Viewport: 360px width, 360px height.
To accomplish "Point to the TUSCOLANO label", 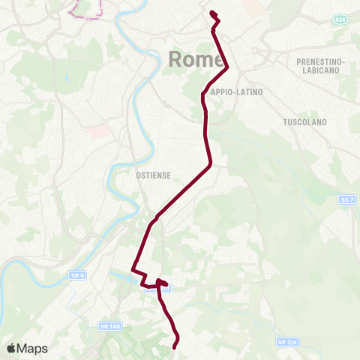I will pyautogui.click(x=302, y=121).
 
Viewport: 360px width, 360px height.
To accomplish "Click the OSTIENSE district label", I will pyautogui.click(x=154, y=175).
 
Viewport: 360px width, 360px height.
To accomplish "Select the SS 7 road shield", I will pyautogui.click(x=345, y=199).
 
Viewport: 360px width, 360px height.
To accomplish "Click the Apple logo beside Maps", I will pyautogui.click(x=11, y=348).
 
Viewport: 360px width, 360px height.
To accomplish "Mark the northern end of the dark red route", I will pyautogui.click(x=212, y=13).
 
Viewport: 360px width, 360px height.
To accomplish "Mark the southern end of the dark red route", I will pyautogui.click(x=175, y=346).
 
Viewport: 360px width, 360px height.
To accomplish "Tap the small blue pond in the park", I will pyautogui.click(x=67, y=76).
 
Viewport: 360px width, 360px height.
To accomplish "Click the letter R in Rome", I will pyautogui.click(x=177, y=59).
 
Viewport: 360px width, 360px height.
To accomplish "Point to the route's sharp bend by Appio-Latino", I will pyautogui.click(x=227, y=69).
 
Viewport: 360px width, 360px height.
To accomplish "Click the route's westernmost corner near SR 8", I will pyautogui.click(x=133, y=269).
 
